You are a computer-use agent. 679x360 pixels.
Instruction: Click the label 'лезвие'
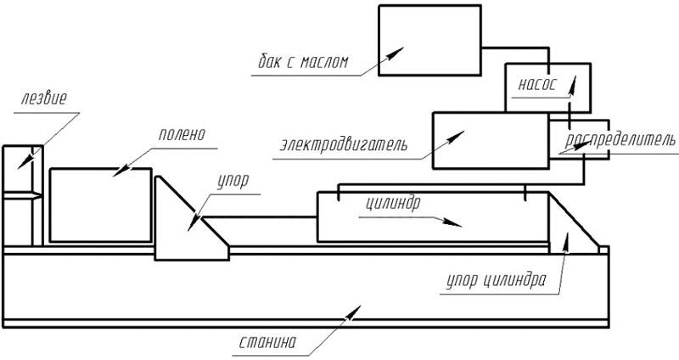pyautogui.click(x=44, y=98)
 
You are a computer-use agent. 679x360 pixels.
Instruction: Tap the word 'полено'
pyautogui.click(x=182, y=134)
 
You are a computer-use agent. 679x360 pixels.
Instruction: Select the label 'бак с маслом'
pyautogui.click(x=303, y=61)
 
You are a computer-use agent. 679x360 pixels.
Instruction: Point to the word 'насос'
pyautogui.click(x=537, y=83)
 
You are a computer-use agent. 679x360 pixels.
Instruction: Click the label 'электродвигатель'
pyautogui.click(x=344, y=144)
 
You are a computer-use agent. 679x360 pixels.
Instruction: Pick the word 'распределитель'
pyautogui.click(x=620, y=140)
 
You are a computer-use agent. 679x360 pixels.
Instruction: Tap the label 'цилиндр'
pyautogui.click(x=393, y=203)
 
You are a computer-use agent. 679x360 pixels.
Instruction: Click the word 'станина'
pyautogui.click(x=267, y=342)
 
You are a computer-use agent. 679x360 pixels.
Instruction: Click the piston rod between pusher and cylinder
pyautogui.click(x=260, y=217)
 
